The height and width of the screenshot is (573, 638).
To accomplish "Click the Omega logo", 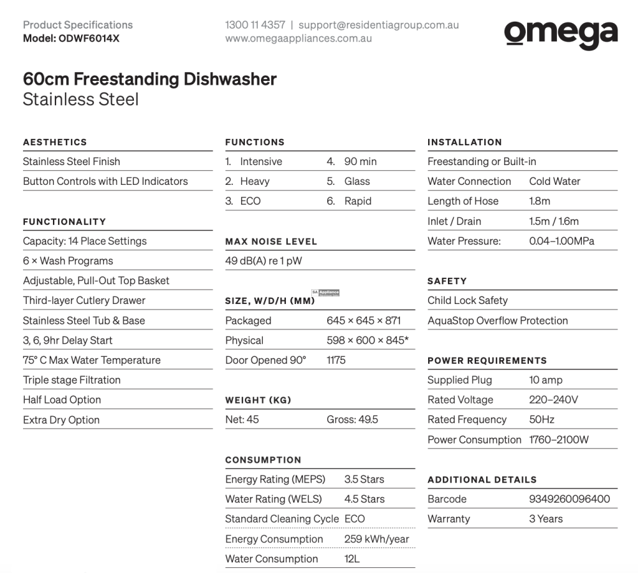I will point(561,33).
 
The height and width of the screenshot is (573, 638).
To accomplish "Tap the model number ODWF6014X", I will point(89,38).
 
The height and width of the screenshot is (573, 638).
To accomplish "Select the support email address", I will point(378,25).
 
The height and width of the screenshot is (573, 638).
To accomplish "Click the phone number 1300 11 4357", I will point(255,25).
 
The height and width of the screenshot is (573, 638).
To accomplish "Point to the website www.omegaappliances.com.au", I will point(299,38).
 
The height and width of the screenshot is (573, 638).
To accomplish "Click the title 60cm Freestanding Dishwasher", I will point(149,80).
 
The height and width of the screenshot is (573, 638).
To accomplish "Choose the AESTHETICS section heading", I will point(55,142).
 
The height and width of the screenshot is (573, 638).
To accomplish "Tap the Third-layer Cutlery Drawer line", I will point(84,301).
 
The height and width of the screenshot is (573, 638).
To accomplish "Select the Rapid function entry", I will point(357,201).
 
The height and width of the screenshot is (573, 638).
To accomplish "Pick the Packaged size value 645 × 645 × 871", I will point(364,321).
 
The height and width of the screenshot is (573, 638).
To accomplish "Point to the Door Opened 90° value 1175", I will point(336,360).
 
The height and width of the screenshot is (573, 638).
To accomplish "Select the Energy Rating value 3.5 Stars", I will point(364,479).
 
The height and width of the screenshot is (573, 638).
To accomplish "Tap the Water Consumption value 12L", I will point(352,559).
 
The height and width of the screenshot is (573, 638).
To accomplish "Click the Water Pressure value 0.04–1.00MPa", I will point(561,242).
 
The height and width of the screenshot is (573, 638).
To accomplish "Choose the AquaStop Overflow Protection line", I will point(498,321).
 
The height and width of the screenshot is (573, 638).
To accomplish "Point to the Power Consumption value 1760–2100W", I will point(559,440).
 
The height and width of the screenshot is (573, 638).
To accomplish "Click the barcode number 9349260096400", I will point(570,499).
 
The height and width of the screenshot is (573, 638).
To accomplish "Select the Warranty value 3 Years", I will point(546,519).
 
